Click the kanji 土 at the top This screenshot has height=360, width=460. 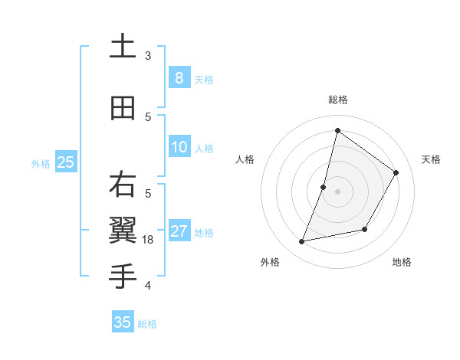point(123,47)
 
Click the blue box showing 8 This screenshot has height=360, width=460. point(179,77)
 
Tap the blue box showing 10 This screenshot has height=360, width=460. point(179,147)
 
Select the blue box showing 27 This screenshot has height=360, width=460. point(179,231)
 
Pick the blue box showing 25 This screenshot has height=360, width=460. point(65,162)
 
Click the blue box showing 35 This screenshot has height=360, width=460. point(123,322)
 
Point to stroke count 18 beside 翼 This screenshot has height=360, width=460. point(149,240)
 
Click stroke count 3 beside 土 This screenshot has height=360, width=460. point(148,55)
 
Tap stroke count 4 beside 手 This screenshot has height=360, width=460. point(148,286)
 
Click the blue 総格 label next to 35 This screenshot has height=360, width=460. point(147,324)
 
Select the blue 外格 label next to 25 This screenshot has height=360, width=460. point(41,163)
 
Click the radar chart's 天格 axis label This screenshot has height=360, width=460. point(431,159)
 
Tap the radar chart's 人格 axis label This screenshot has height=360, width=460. point(245,159)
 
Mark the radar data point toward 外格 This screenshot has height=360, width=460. point(302,242)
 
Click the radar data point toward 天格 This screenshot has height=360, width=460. point(396,172)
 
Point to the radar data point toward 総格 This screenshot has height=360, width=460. point(337,130)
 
